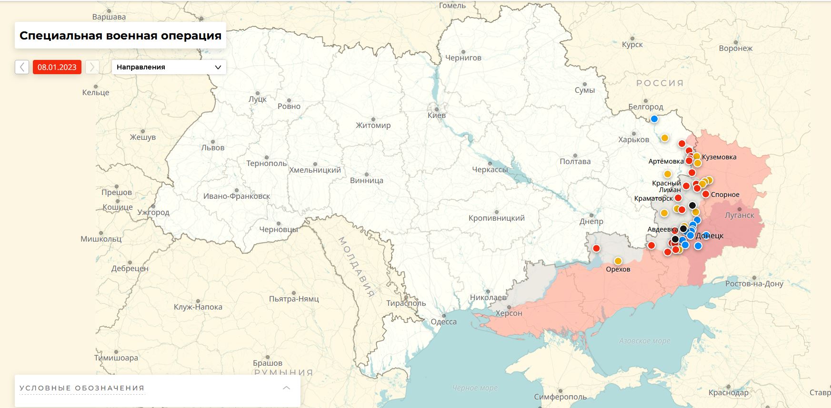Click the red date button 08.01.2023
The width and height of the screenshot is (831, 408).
point(57,67)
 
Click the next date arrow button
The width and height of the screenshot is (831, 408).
point(92,67)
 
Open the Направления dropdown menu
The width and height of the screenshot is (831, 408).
point(169,67)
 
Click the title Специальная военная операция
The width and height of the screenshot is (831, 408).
point(120,36)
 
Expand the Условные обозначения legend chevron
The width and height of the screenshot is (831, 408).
point(286,388)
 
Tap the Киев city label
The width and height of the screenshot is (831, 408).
point(437,115)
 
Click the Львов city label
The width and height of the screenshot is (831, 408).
point(213,147)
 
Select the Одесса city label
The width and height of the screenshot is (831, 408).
point(443,321)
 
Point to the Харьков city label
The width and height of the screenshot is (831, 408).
point(633,139)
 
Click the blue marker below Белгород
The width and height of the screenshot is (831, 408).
point(654,119)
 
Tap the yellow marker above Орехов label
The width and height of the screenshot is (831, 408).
point(618,261)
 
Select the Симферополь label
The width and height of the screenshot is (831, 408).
point(560,397)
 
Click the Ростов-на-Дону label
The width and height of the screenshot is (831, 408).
point(754,283)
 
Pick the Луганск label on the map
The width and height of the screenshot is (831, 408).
point(739,215)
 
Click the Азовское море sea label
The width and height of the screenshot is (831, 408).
point(644,341)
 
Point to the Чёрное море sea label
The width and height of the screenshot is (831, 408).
point(475,388)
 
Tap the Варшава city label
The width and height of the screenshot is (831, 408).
point(109,17)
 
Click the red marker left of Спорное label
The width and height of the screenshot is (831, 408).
point(705,194)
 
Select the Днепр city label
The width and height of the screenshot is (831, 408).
point(591,221)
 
